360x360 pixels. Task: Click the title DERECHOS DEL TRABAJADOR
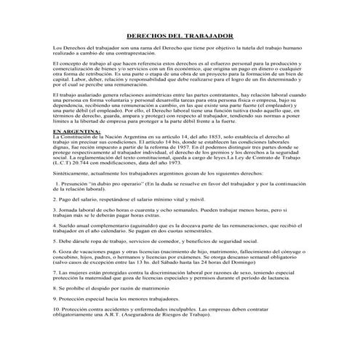180,34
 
